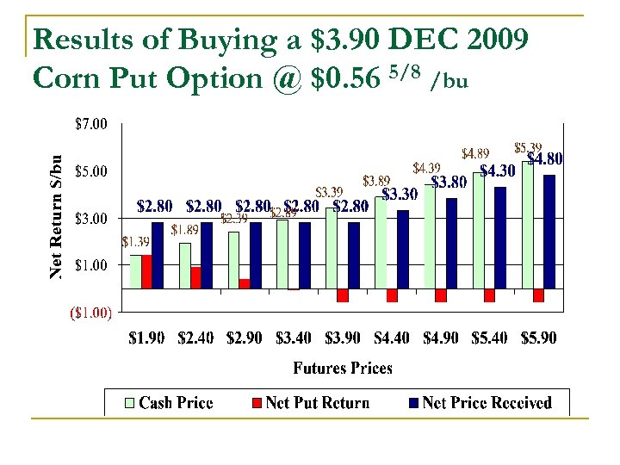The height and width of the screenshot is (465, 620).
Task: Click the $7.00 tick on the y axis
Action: (90, 124)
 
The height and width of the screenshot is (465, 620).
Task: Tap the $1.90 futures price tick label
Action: (146, 338)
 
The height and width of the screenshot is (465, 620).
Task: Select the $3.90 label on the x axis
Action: (343, 338)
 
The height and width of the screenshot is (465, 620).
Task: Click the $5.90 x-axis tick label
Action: (538, 338)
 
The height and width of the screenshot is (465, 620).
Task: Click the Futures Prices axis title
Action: (342, 368)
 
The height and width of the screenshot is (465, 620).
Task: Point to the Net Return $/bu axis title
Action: (56, 216)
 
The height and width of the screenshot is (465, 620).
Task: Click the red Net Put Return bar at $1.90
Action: (146, 271)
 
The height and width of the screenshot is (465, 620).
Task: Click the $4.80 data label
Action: (545, 159)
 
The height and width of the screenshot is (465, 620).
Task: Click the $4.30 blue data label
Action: (497, 171)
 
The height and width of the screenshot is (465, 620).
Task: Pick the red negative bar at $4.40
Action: (392, 294)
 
